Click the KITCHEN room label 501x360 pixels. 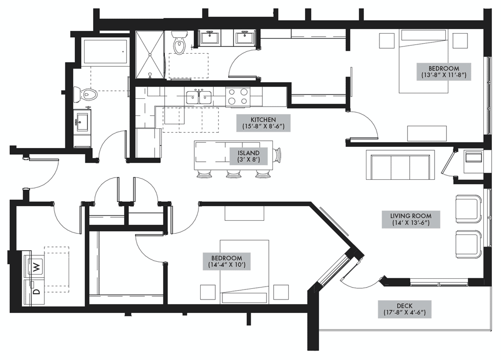(263, 123)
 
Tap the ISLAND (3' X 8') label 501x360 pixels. (248, 156)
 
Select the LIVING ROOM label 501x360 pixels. (411, 219)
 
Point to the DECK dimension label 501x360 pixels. (405, 309)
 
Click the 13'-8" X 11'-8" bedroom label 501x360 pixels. (444, 72)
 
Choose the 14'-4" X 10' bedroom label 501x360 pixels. (227, 261)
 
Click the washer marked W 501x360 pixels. (34, 265)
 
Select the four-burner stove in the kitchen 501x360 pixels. (238, 97)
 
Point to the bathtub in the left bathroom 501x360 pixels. (105, 52)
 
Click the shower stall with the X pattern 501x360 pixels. (150, 55)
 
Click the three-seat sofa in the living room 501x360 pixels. (400, 165)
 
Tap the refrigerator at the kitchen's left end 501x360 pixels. (148, 143)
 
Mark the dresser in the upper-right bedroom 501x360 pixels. (427, 133)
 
